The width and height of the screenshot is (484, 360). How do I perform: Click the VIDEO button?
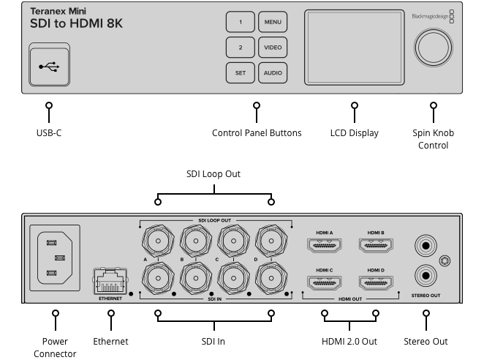tap(273, 48)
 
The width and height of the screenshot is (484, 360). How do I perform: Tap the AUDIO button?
tap(273, 73)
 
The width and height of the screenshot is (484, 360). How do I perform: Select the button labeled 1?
tap(240, 23)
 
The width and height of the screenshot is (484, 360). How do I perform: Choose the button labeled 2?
tap(240, 48)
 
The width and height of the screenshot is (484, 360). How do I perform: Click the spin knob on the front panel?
tap(434, 47)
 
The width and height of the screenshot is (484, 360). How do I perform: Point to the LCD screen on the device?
tap(353, 47)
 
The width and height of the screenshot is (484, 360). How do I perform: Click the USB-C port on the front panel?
tap(50, 66)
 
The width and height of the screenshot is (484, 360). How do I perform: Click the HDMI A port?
tap(325, 248)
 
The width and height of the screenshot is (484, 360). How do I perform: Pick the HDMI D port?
tap(376, 282)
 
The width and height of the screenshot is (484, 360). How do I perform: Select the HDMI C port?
tap(325, 282)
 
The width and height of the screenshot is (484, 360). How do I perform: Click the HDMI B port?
tap(376, 248)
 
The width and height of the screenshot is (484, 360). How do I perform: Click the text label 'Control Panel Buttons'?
tap(257, 133)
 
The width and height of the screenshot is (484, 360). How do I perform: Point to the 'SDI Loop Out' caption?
tap(213, 174)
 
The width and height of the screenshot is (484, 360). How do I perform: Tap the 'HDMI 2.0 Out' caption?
tap(349, 341)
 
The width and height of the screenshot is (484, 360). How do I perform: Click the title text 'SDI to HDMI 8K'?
tap(76, 24)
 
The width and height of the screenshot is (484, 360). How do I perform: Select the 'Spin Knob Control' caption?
tap(433, 139)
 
